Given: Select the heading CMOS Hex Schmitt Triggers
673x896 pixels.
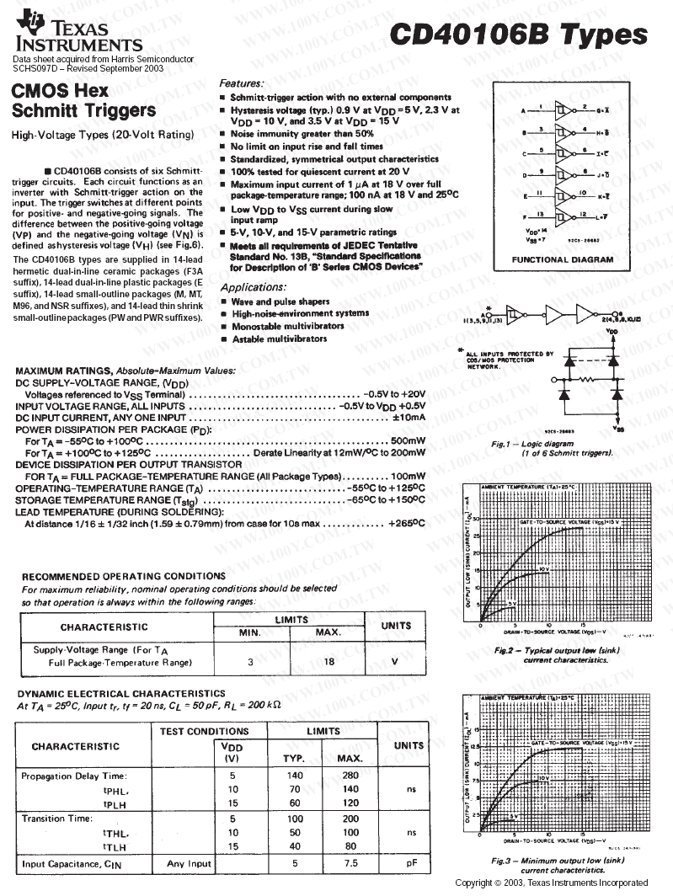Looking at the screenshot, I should pos(84,100).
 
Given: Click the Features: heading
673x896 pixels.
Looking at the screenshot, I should pos(242,83).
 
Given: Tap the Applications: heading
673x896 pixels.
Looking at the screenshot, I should pos(254,287).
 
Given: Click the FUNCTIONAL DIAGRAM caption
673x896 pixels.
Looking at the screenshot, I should pos(562,259).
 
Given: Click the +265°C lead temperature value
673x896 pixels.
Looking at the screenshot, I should pos(407,523).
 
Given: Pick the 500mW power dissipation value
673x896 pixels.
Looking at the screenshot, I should pos(408,440).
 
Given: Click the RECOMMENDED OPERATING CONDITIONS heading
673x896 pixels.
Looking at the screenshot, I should pos(123,576).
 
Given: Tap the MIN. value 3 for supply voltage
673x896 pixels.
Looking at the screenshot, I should pos(250,662).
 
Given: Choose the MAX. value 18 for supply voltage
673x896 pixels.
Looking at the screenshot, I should pos(329,662).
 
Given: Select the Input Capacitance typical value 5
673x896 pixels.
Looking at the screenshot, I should pos(295,863).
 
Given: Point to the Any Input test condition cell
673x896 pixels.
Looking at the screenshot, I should pos(189,863).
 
